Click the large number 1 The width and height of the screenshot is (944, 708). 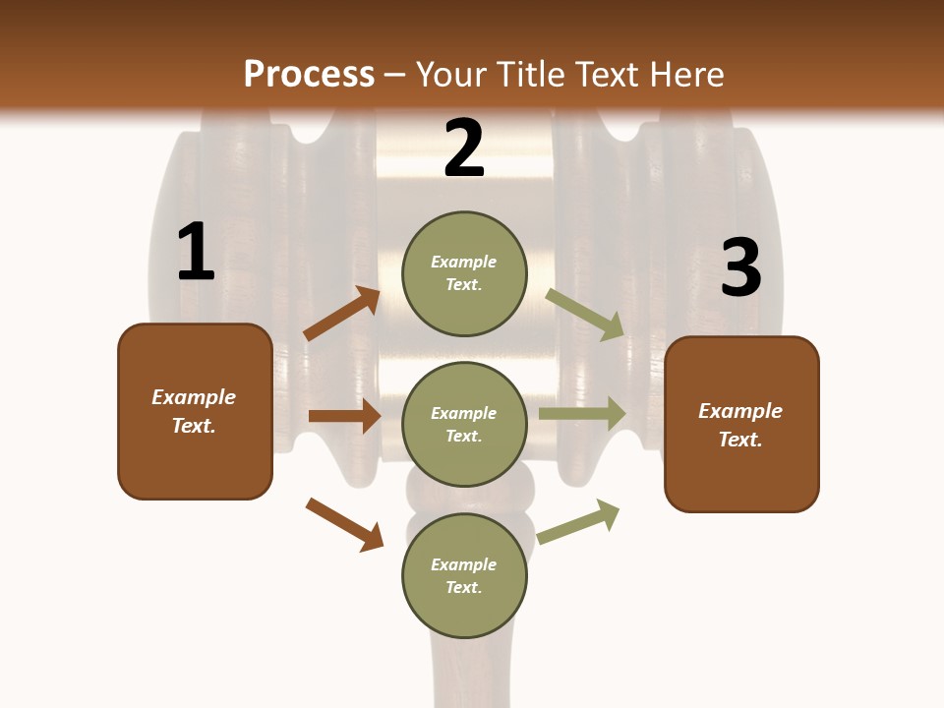(x=196, y=252)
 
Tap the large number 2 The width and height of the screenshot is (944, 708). (x=464, y=148)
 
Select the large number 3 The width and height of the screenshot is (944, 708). (x=740, y=268)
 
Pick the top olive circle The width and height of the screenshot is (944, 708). (x=464, y=272)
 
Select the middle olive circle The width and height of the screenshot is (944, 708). (x=464, y=424)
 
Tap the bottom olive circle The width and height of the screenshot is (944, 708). (x=464, y=575)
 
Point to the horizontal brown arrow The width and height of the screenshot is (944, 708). (x=344, y=416)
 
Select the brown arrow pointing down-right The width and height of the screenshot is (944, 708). (x=344, y=524)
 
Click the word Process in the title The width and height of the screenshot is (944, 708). (x=309, y=74)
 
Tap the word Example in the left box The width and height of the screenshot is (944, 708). (x=194, y=397)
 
